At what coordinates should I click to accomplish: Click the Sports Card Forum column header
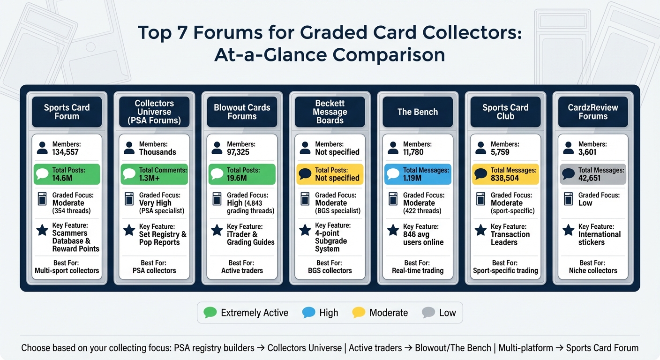tap(67, 112)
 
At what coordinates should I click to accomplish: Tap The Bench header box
tap(418, 112)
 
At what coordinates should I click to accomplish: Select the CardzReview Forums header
tap(593, 112)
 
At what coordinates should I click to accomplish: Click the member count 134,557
tap(66, 152)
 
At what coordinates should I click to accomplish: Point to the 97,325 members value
tap(238, 152)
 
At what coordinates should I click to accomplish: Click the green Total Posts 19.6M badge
tap(242, 174)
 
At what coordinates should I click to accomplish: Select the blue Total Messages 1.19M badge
tap(418, 174)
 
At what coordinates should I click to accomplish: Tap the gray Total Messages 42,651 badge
tap(593, 174)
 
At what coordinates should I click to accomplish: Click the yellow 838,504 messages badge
tap(505, 174)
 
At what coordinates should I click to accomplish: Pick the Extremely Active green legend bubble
tap(210, 312)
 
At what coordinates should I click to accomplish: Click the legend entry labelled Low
tap(439, 313)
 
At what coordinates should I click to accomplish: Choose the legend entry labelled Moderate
tap(380, 313)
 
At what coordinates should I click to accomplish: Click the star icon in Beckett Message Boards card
tap(305, 230)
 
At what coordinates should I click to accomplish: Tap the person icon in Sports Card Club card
tap(480, 148)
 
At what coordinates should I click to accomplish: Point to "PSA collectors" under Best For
tap(154, 270)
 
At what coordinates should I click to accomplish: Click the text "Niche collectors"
tap(593, 270)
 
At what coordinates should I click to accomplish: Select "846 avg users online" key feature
tap(423, 238)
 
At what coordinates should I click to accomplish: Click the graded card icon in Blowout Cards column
tap(217, 199)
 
